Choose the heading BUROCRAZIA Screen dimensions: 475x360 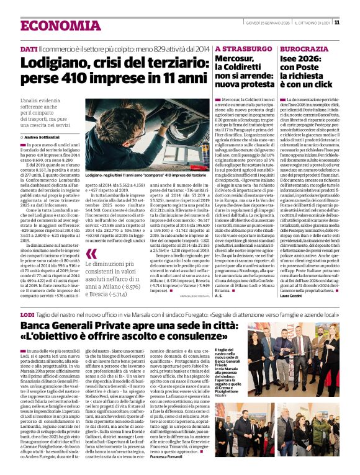tap(300, 48)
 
